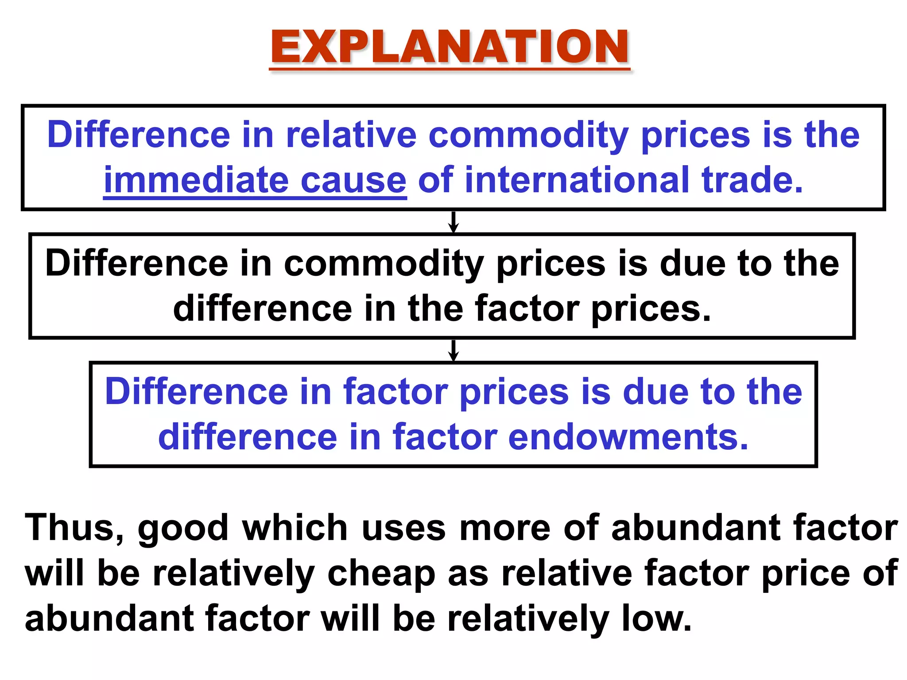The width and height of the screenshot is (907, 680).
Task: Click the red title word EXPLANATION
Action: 450,47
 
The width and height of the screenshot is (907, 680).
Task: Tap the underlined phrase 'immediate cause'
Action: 255,180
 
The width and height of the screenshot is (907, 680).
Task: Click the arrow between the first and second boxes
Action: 453,222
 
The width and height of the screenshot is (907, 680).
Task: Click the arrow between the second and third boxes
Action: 453,350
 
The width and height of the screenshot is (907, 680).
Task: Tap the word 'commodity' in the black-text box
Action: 384,264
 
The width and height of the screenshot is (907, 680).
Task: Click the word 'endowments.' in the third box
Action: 628,437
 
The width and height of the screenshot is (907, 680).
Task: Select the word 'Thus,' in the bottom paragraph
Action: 74,528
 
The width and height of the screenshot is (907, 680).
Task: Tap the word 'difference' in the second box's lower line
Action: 262,309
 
